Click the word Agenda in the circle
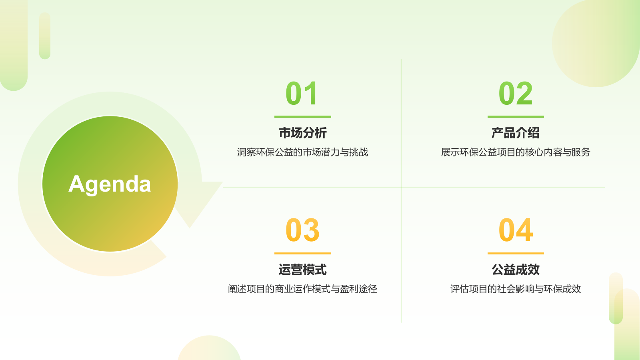[110, 184]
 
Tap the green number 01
[302, 94]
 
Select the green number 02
[516, 94]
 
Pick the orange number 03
[302, 230]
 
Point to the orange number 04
[516, 230]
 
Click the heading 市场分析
[302, 133]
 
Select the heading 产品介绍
[516, 133]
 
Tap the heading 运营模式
[302, 270]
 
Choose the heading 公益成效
[516, 270]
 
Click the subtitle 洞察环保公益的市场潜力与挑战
[302, 152]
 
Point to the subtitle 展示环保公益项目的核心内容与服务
[516, 152]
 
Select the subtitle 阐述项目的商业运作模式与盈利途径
[302, 289]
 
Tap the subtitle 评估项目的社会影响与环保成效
[516, 289]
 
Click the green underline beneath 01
[302, 117]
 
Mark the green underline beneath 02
[516, 117]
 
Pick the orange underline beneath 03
[302, 253]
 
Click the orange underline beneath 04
[516, 253]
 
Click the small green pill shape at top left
[45, 36]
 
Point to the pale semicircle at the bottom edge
[209, 350]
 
